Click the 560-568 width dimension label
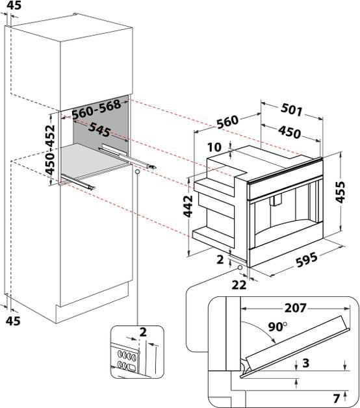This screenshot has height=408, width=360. tap(97, 109)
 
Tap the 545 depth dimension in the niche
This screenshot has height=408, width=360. tap(99, 129)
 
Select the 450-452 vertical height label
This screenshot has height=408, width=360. tap(50, 149)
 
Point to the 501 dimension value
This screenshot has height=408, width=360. tap(292, 110)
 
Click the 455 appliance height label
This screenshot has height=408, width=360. tap(340, 192)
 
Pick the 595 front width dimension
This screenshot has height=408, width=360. tap(307, 260)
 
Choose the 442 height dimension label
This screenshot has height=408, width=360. tap(188, 206)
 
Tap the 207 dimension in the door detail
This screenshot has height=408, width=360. tap(295, 308)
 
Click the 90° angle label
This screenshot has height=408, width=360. tap(277, 327)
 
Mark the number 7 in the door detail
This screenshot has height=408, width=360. tap(337, 398)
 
